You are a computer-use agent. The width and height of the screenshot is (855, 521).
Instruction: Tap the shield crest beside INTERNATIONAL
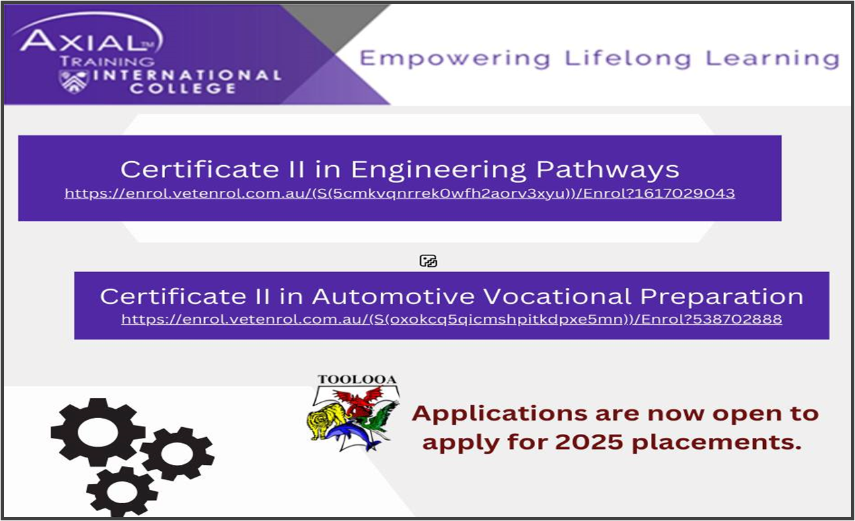click(73, 81)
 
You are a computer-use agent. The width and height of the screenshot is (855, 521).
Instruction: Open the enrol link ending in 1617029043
click(400, 193)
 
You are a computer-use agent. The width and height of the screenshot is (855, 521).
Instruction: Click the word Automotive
click(393, 296)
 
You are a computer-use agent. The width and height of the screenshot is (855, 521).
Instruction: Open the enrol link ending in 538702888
click(451, 319)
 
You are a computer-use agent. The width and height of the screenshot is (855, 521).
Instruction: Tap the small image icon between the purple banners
click(428, 261)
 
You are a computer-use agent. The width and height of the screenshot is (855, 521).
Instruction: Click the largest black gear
click(98, 432)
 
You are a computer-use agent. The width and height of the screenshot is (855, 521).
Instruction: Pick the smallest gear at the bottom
click(122, 492)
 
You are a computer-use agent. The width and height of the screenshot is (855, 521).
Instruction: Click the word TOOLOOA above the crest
click(357, 380)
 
